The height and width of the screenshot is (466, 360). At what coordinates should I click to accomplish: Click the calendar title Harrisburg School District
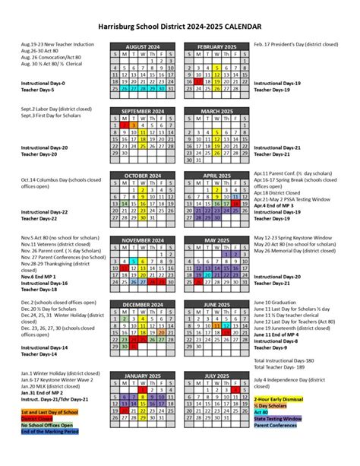[179, 26]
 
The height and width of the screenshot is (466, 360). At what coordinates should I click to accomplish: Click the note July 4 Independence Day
[296, 379]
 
